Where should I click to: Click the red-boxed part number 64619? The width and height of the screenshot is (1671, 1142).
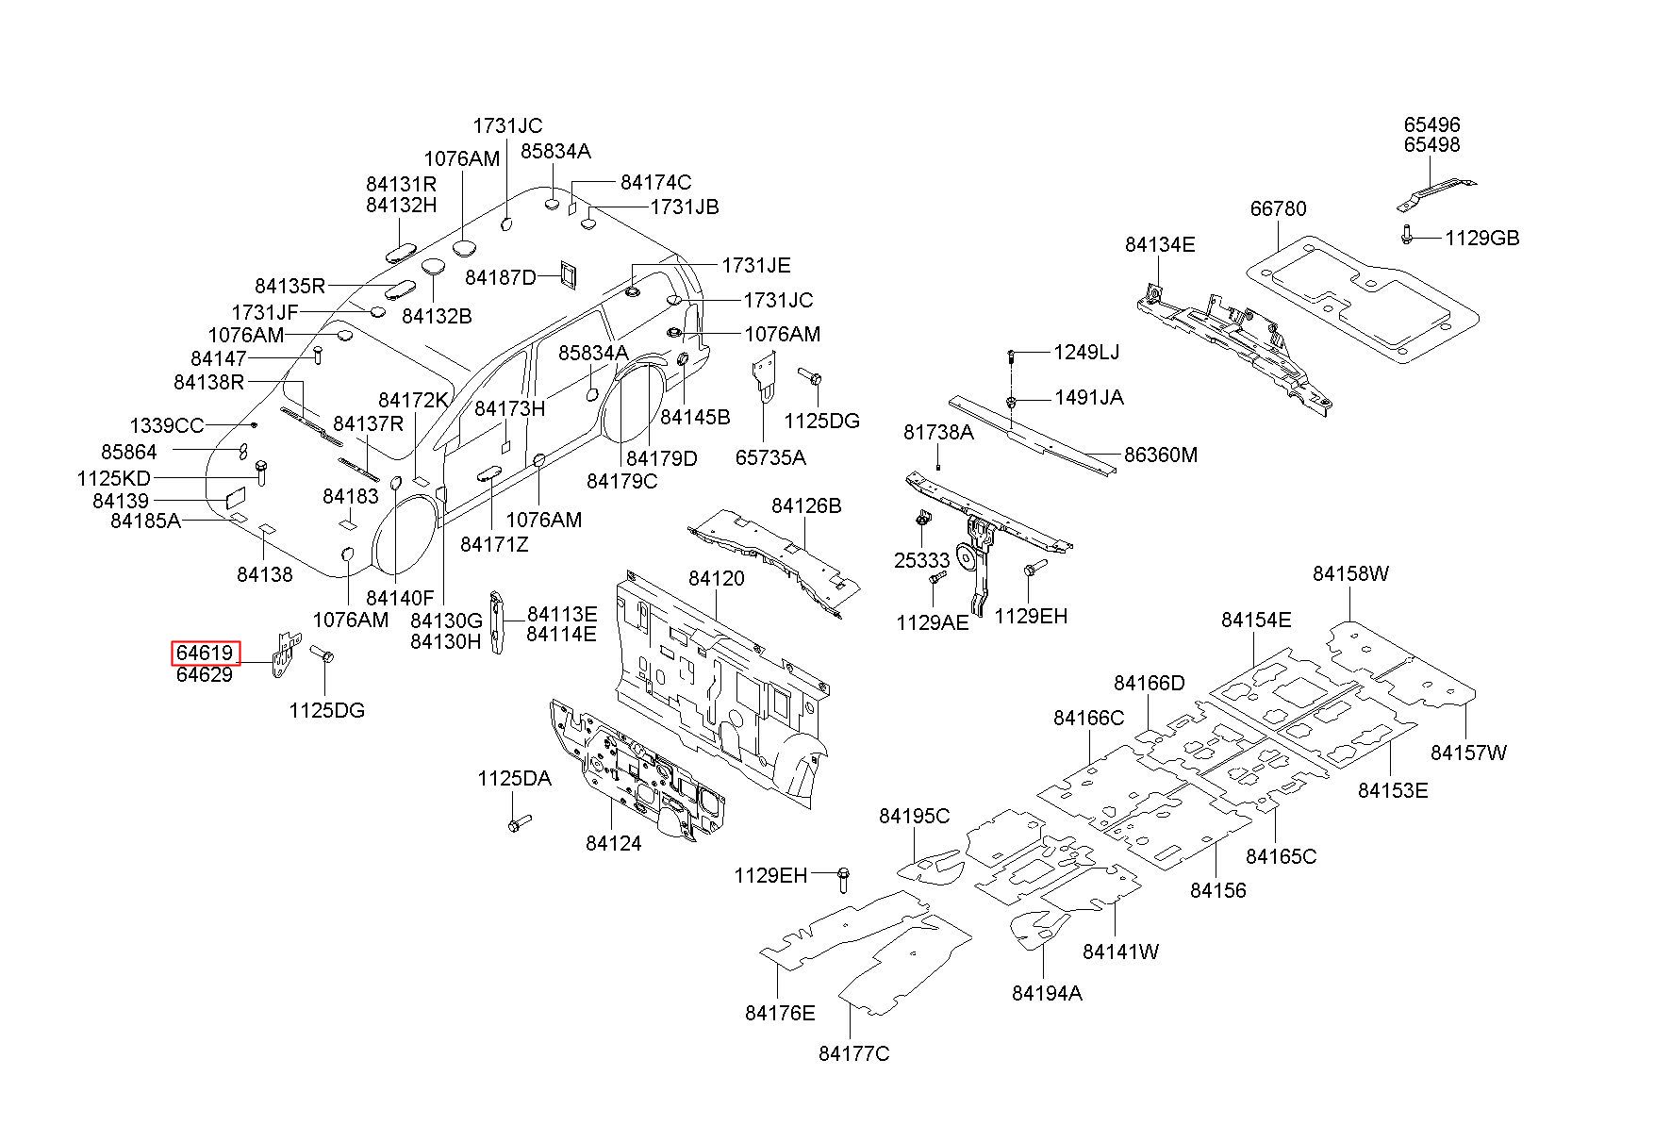point(205,653)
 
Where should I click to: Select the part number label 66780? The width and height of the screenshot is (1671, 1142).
point(1279,208)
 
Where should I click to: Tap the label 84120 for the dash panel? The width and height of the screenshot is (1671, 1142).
point(716,578)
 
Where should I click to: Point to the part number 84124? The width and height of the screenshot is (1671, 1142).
point(613,843)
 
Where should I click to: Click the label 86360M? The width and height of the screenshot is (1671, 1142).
point(1160,455)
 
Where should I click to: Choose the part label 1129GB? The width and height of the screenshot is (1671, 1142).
point(1482,238)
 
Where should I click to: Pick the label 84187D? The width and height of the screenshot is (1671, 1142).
point(501,276)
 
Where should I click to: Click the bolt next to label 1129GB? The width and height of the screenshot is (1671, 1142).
point(1406,234)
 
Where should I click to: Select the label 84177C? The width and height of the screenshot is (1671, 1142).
point(853,1053)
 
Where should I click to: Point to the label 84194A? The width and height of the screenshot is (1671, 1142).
point(1047,992)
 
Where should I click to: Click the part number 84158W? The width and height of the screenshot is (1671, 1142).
point(1350,573)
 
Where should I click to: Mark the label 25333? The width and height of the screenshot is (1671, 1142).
point(921,560)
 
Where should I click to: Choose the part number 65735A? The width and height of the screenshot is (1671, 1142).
point(770,457)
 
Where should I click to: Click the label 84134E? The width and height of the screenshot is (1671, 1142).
point(1160,244)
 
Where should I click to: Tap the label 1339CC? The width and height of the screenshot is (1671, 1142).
point(166,425)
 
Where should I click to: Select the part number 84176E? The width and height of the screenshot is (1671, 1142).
point(780,1013)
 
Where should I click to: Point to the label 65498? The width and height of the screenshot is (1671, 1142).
point(1431,144)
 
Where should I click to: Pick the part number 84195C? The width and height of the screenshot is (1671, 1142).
point(915,816)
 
